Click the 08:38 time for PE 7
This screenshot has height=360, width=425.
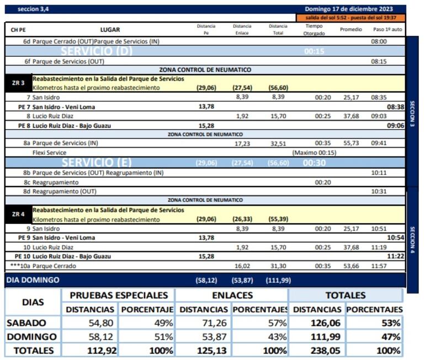(395, 106)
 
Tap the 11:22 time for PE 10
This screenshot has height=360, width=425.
(395, 256)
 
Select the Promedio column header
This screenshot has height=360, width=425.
(351, 29)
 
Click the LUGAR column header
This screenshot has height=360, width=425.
(110, 29)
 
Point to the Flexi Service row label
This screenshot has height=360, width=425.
(50, 153)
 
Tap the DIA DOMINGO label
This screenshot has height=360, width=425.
(33, 280)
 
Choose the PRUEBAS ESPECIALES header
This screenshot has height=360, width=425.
(119, 295)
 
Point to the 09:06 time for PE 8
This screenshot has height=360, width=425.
(395, 125)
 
